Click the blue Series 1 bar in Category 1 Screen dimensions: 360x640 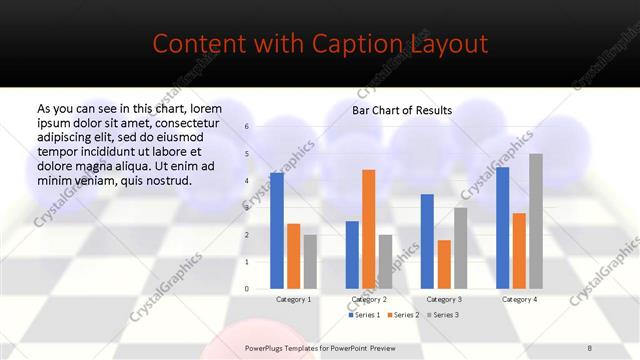click(277, 231)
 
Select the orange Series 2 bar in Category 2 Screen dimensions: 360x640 click(368, 229)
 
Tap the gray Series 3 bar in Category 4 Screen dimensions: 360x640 click(536, 221)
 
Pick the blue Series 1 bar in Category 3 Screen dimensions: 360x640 click(427, 241)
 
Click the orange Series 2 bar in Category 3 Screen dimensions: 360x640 click(444, 264)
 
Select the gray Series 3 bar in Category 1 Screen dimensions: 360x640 click(310, 262)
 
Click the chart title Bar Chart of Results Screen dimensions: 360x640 click(402, 110)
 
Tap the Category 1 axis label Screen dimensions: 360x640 click(293, 299)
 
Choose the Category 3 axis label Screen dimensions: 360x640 click(444, 299)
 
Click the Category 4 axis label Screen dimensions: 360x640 click(519, 299)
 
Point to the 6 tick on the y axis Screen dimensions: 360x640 click(247, 126)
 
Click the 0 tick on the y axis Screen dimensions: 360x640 click(247, 289)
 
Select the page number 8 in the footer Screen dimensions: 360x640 click(590, 347)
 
